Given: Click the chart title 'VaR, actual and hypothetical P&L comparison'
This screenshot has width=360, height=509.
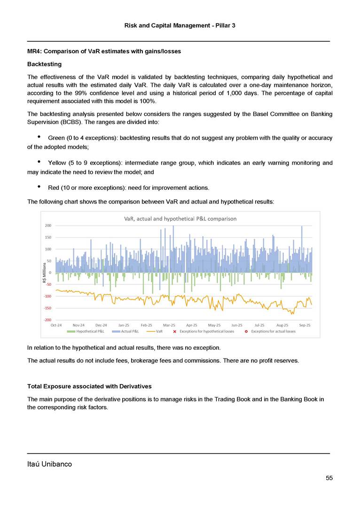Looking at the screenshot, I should point(180,219).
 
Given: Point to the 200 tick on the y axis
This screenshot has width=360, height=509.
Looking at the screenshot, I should point(48,226).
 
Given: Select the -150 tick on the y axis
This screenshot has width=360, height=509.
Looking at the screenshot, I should point(48,308).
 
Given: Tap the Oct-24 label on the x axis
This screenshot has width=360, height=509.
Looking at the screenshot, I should point(56,325).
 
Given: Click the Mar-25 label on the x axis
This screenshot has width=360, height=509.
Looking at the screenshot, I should point(169,325).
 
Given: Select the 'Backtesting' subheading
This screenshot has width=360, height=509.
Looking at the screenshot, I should point(45,63).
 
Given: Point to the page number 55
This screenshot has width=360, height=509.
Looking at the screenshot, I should point(329,478).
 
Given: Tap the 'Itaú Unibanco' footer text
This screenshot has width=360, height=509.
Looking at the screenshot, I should point(49,464).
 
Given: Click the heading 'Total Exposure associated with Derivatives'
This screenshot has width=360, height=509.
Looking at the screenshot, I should point(89,386).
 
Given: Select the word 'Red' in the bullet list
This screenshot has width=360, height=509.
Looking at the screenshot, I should point(54,188).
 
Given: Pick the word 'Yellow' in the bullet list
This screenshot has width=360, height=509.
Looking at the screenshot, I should point(57,163).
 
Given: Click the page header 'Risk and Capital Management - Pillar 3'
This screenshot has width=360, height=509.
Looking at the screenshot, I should point(180,25).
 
